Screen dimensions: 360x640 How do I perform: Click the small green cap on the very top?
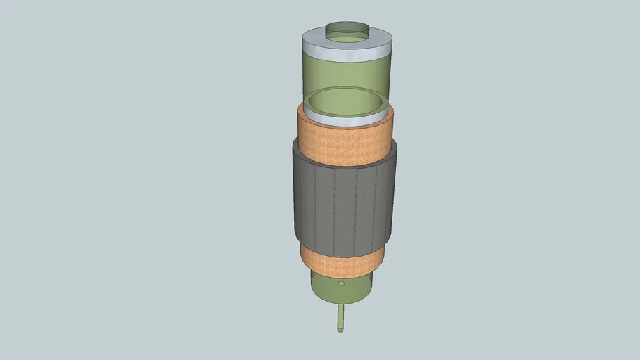tap(347, 30)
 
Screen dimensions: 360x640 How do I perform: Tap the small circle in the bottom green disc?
tap(342, 285)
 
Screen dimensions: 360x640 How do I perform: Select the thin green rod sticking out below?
tap(341, 316)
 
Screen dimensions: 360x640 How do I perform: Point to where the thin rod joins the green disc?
tap(341, 304)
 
